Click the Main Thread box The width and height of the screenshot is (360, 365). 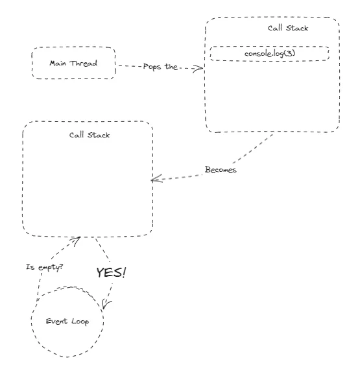click(73, 63)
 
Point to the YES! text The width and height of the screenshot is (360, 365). click(111, 273)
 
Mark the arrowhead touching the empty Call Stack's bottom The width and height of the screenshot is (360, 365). click(77, 239)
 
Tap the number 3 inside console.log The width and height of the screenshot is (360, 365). click(288, 53)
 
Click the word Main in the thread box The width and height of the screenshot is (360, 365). click(60, 63)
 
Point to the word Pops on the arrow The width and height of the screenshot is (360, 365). click(151, 67)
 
